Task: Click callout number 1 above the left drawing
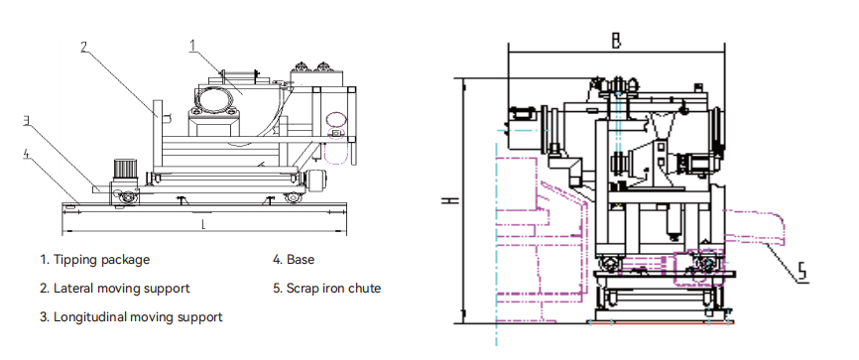coord(192,46)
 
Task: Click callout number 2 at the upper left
coord(84,48)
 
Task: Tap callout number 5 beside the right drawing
coord(801,273)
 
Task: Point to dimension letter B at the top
coord(616,41)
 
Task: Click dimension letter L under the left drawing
coord(203,224)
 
